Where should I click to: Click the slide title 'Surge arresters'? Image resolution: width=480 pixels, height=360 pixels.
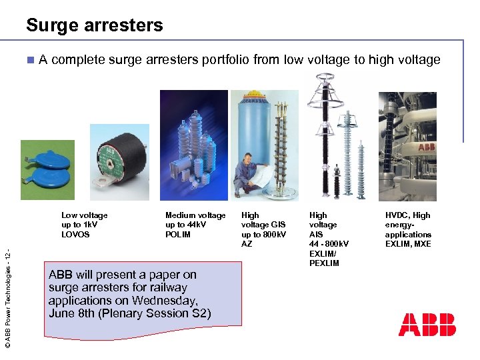[x=94, y=25]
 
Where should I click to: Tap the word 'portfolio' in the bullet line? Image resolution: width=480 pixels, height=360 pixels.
[x=221, y=60]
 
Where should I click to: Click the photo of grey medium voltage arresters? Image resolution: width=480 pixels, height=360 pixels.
[x=193, y=145]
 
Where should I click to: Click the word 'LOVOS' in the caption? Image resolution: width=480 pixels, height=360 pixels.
[x=75, y=235]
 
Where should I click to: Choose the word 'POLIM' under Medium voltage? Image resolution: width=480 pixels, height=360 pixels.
[x=178, y=235]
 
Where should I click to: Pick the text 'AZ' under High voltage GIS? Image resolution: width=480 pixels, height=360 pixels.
[x=247, y=244]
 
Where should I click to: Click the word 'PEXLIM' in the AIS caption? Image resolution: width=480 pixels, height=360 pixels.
[x=324, y=263]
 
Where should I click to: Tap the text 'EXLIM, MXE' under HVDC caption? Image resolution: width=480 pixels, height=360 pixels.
[x=408, y=244]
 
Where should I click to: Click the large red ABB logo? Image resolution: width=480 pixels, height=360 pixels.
[x=427, y=324]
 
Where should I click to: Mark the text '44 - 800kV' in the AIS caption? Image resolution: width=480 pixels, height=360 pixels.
[x=329, y=244]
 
